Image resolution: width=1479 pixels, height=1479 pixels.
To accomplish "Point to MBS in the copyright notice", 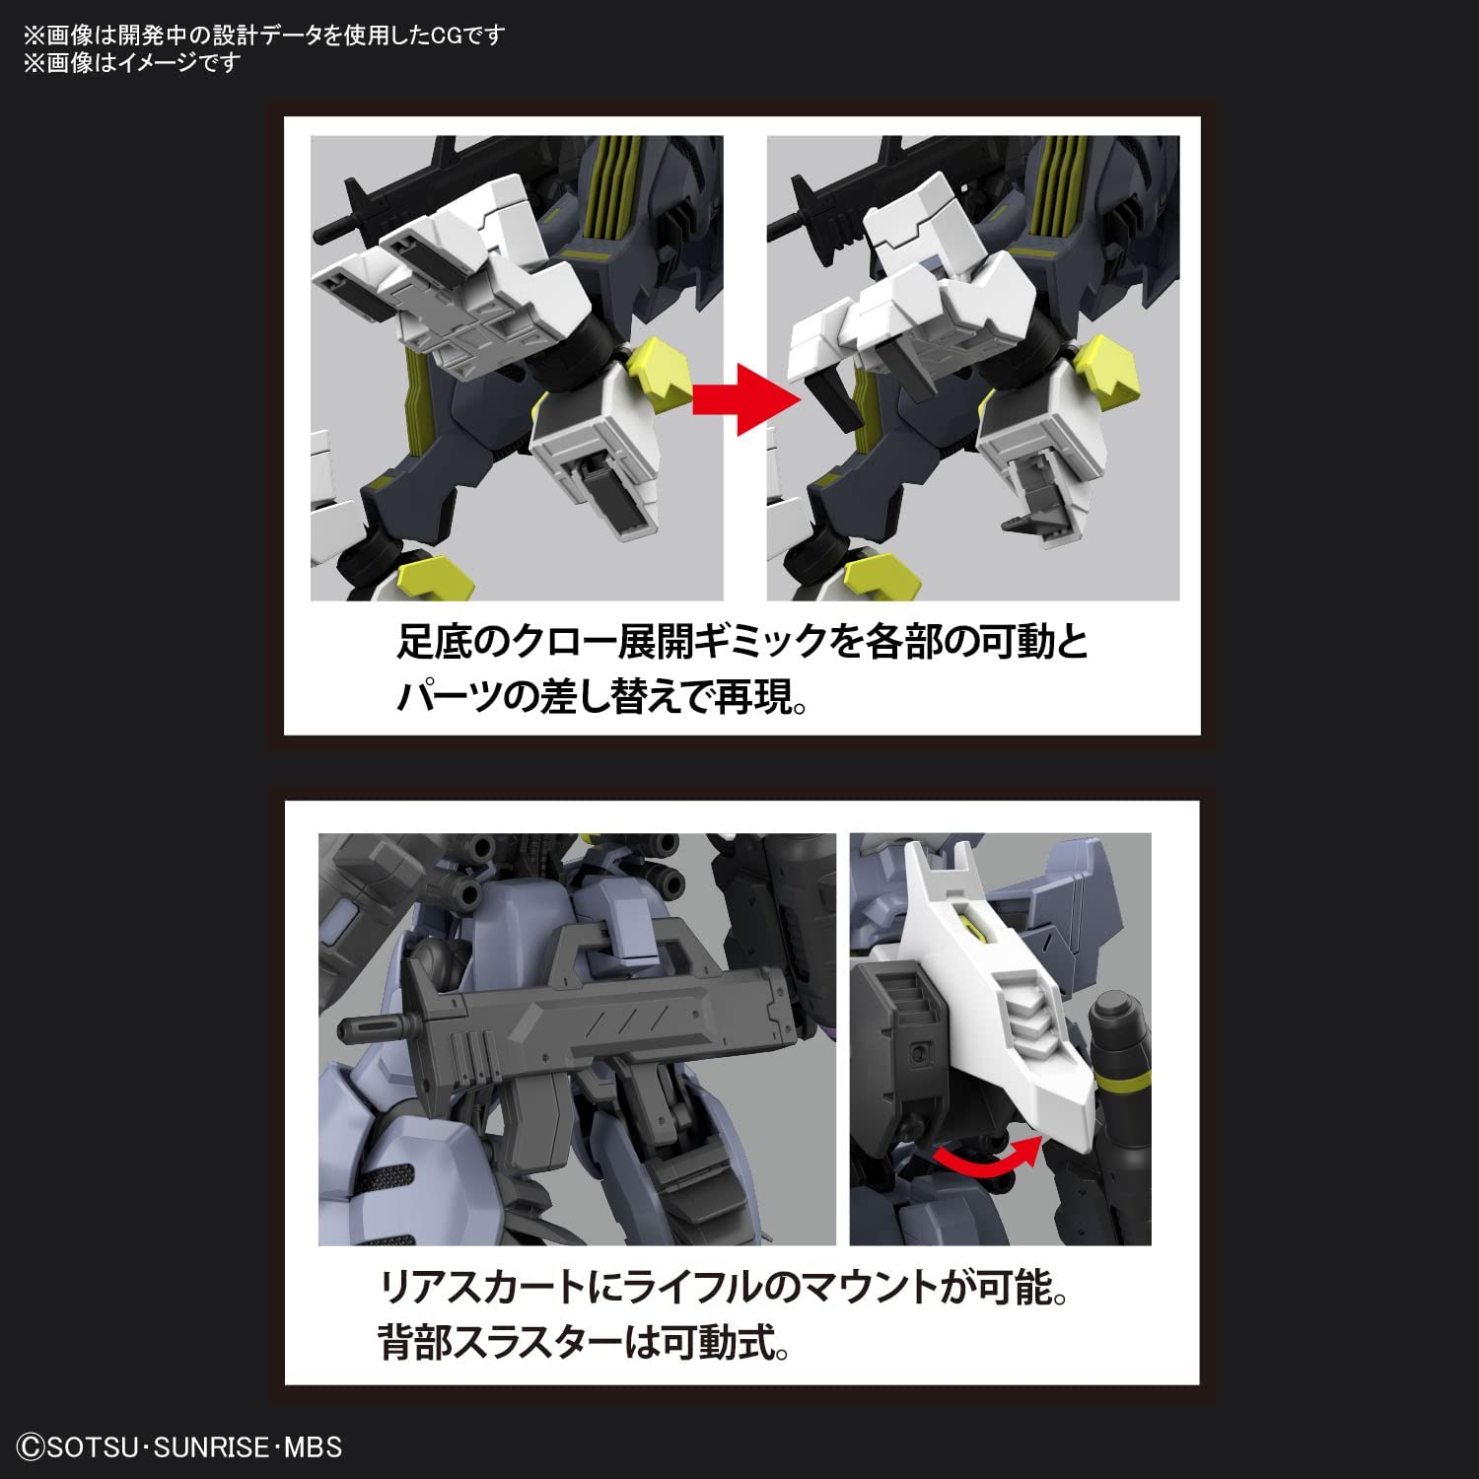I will (x=313, y=1447).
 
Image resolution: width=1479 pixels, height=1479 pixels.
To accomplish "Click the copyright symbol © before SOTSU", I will (x=33, y=1447).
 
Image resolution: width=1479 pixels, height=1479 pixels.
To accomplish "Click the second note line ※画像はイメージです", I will (x=132, y=63).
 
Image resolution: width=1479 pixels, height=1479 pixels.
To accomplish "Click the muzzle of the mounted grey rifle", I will (x=346, y=1029).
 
